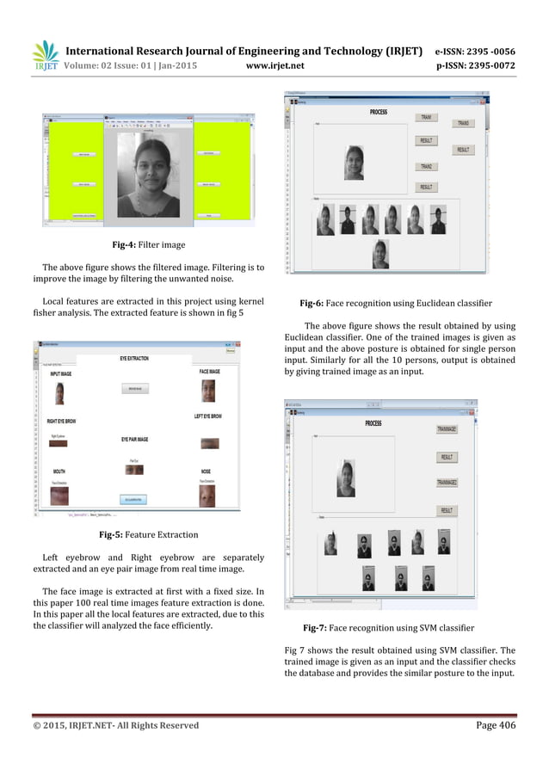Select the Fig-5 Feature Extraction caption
click(149, 534)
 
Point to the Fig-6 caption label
click(313, 304)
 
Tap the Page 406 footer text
click(496, 725)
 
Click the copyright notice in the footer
click(115, 725)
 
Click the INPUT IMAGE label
click(59, 374)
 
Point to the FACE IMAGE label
click(207, 372)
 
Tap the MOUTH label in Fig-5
click(59, 471)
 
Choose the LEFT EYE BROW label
click(207, 416)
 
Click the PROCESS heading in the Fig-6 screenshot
click(378, 112)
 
